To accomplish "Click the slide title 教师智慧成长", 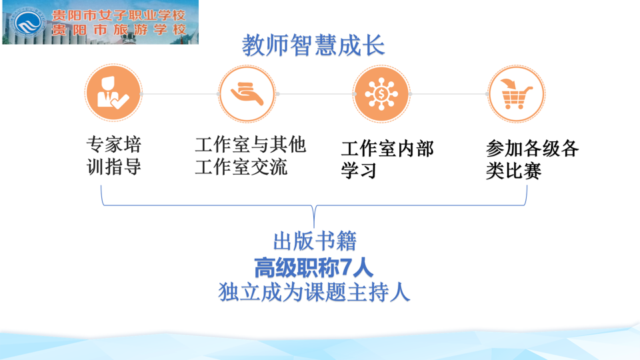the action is click(x=313, y=45).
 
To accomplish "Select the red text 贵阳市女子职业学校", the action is click(x=119, y=15).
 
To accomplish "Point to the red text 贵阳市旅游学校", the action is click(x=119, y=30).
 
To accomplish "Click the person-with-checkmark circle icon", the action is click(x=113, y=93).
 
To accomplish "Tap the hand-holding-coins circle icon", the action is click(x=247, y=94).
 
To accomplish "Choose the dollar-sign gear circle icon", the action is click(x=381, y=94).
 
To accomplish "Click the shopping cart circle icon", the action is click(x=516, y=94).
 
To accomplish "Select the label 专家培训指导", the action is click(x=114, y=155).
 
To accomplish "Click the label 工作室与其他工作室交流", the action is click(x=250, y=155).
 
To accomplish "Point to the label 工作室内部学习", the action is click(x=387, y=159).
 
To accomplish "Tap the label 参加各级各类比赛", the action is click(x=532, y=159).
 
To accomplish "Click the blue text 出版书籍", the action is click(x=315, y=241).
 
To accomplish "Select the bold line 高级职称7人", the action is click(x=313, y=268).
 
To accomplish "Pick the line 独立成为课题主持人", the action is click(x=314, y=292).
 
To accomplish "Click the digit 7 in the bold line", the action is click(x=345, y=268).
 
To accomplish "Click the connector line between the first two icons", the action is click(x=180, y=94).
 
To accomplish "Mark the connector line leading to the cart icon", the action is click(x=449, y=94).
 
